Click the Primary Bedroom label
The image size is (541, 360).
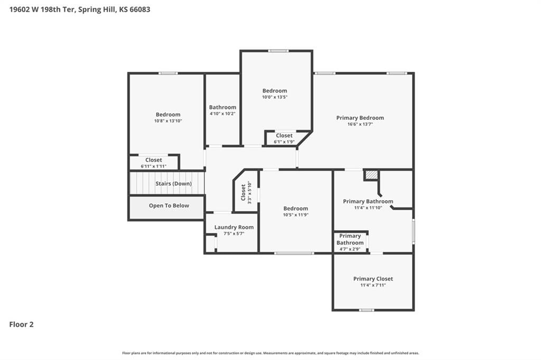(x=360, y=118)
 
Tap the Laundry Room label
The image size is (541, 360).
(x=234, y=227)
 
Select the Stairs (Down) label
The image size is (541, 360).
(x=173, y=184)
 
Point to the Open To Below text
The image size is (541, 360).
(x=169, y=205)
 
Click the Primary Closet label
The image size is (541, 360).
(x=373, y=279)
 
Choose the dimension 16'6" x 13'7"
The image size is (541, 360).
(x=360, y=124)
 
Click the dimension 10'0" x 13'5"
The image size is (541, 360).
(x=275, y=97)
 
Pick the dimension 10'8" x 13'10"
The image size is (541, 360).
(x=168, y=121)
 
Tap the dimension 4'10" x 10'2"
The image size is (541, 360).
(x=222, y=114)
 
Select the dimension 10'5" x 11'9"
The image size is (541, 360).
(x=296, y=215)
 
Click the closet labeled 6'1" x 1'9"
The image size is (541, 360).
(x=284, y=138)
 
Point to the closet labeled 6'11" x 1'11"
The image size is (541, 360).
(x=154, y=163)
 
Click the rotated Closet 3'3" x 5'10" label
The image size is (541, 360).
(x=246, y=193)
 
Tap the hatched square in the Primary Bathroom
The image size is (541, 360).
(x=371, y=175)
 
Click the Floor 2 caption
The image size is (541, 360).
(x=21, y=325)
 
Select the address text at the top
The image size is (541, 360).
(x=80, y=10)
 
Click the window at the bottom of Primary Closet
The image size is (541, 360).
(x=367, y=310)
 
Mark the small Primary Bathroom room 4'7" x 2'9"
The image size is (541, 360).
(x=350, y=242)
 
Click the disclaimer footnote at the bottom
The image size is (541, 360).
(x=270, y=353)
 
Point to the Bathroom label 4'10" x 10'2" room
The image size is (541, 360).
(x=222, y=107)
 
